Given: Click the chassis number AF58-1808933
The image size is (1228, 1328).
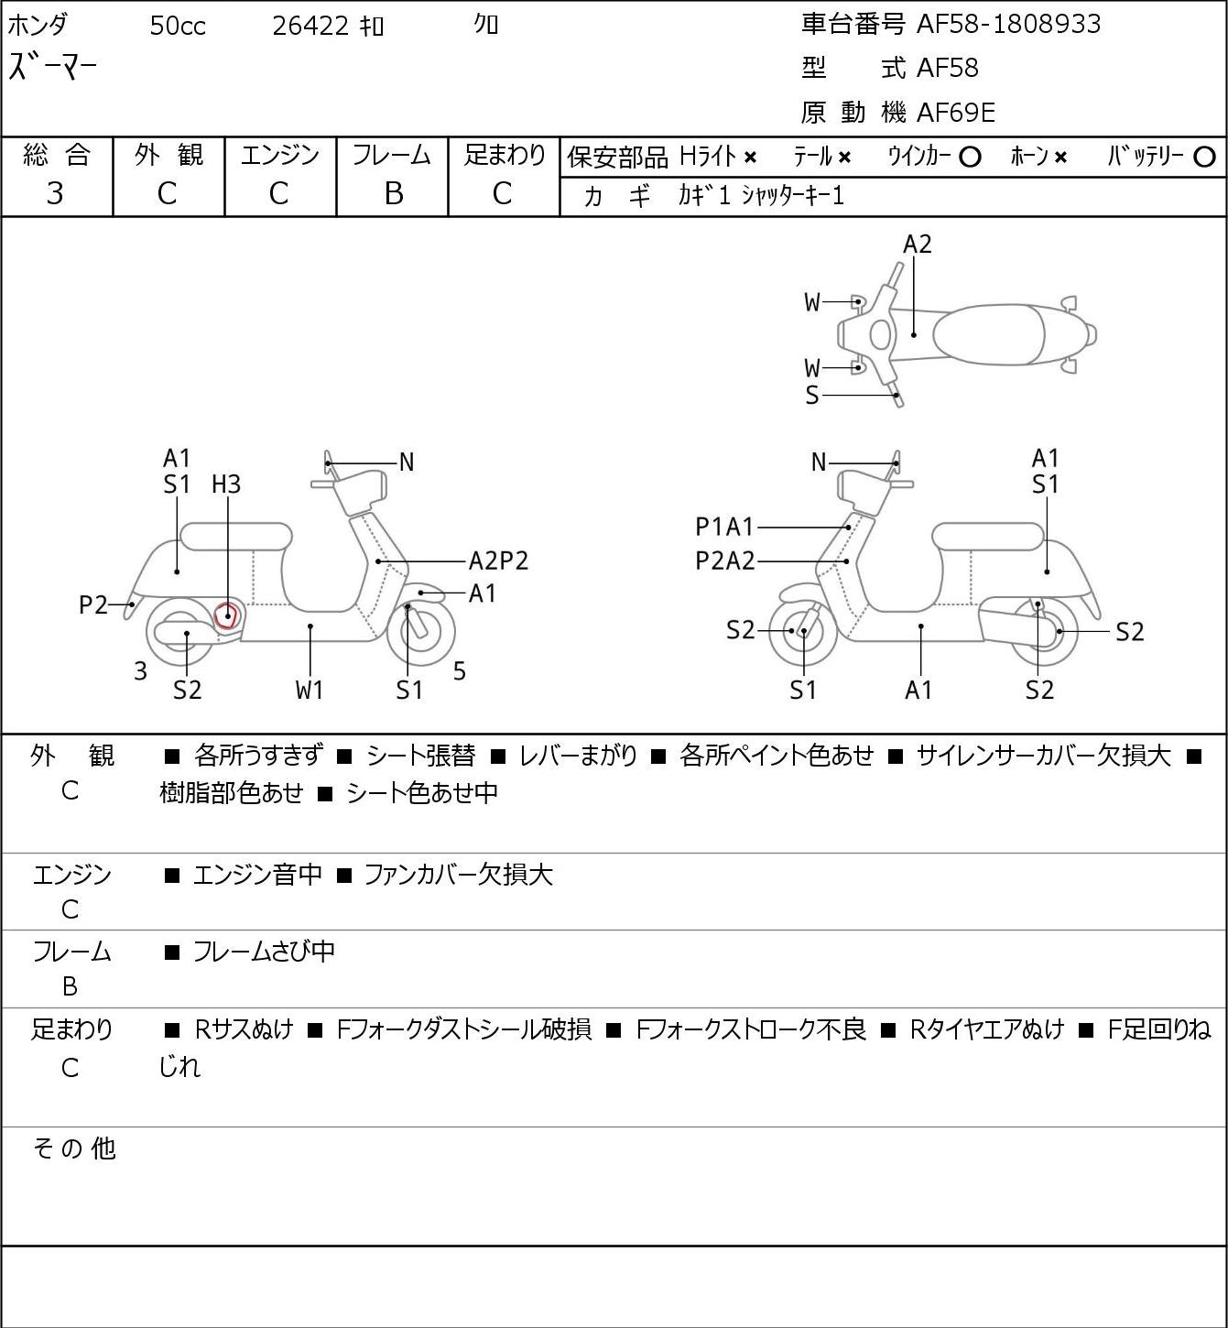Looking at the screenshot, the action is click(x=1008, y=25).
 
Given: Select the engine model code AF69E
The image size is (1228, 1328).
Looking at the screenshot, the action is click(x=956, y=113).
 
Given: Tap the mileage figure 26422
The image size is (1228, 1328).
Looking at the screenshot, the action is click(x=310, y=26).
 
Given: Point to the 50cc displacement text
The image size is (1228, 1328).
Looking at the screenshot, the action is click(x=178, y=26).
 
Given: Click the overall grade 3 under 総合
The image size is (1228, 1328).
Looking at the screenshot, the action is click(x=55, y=194).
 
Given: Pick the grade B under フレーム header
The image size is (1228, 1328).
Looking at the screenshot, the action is click(x=393, y=194).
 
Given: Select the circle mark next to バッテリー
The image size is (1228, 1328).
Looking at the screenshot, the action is click(x=1204, y=158).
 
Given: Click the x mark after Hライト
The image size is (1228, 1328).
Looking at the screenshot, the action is click(x=750, y=158).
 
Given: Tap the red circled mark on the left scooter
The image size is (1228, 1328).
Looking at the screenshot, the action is click(x=226, y=615).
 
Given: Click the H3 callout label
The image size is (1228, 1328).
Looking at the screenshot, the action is click(x=226, y=484).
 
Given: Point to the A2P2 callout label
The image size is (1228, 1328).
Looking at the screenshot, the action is click(x=498, y=561).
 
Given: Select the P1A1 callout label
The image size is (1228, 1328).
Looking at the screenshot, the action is click(x=724, y=527).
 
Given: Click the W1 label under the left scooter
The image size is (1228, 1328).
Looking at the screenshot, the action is click(x=310, y=690).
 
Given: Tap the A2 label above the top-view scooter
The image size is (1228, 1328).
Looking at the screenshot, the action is click(x=917, y=245).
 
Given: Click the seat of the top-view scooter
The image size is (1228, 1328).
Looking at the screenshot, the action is click(x=989, y=334).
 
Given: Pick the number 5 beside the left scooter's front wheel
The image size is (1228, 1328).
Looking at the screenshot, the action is click(x=460, y=670).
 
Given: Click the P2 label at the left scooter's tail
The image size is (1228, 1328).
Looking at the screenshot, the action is click(x=93, y=605).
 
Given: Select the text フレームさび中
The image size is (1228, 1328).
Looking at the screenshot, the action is click(x=264, y=952).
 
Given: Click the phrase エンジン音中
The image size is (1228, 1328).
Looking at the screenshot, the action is click(x=257, y=875).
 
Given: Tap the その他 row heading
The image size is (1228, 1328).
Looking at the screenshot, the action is click(x=74, y=1148).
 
